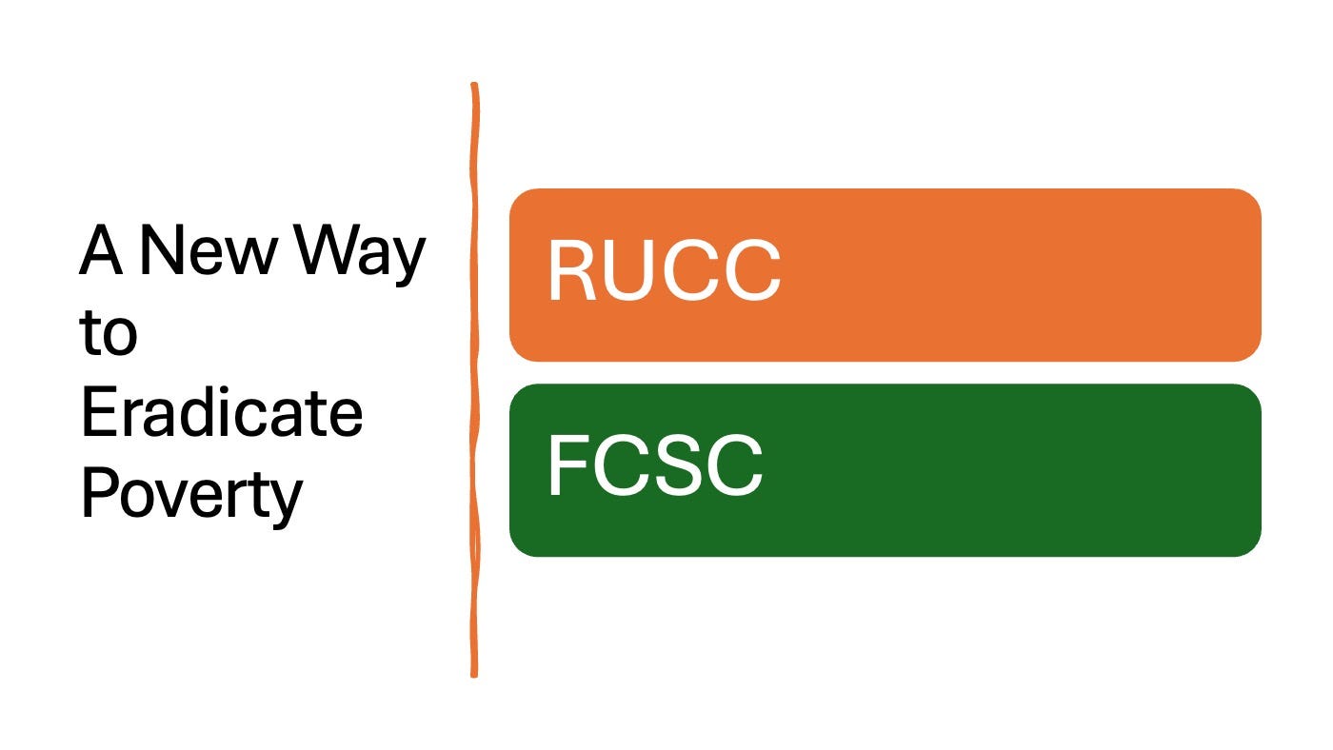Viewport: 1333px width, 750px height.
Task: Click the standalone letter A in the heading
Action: (x=101, y=251)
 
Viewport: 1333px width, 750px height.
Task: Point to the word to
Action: (x=108, y=334)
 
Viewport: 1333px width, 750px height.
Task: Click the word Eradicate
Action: (x=221, y=415)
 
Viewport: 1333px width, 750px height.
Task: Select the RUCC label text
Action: (x=664, y=271)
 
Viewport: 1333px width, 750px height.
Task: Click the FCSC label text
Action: (x=654, y=466)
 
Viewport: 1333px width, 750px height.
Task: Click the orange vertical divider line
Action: (x=473, y=381)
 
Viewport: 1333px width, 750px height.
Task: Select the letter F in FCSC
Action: (x=568, y=466)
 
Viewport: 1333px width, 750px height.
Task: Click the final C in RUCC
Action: (x=749, y=271)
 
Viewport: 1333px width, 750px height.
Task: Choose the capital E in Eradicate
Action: (x=98, y=415)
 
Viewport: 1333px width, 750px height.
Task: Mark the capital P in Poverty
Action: (x=98, y=494)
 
